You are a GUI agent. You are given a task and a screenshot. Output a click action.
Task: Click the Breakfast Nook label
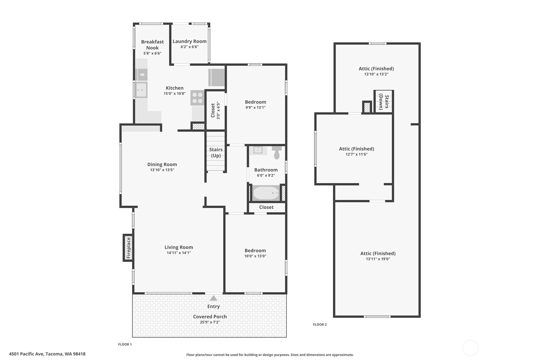(x=152, y=45)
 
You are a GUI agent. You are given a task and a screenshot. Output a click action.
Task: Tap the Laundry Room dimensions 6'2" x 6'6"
(x=189, y=47)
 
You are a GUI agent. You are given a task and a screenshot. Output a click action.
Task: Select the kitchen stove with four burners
(x=197, y=98)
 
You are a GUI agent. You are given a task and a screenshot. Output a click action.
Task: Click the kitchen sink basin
(x=141, y=90)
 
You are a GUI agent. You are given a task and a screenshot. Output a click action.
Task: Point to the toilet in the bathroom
(x=277, y=152)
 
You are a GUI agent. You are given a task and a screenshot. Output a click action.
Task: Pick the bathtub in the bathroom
(x=266, y=193)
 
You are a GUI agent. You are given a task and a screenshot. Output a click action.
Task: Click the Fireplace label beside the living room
(x=129, y=248)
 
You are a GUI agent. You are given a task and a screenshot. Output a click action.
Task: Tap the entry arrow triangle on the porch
(x=213, y=298)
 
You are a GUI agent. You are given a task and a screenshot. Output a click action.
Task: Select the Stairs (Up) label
(x=216, y=152)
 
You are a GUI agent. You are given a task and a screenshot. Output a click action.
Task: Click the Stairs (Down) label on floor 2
(x=384, y=102)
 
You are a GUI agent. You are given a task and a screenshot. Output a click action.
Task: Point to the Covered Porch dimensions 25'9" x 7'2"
(x=210, y=322)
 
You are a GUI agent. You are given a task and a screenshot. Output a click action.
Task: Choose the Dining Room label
(x=162, y=165)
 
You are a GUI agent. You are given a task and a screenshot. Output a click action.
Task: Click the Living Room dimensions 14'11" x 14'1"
(x=179, y=253)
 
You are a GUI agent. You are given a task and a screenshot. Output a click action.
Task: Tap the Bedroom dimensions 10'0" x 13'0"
(x=255, y=256)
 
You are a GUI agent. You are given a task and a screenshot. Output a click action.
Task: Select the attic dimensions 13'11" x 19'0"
(x=378, y=259)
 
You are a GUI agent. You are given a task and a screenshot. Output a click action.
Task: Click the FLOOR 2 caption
(x=320, y=325)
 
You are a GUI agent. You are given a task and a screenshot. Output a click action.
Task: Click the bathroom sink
(x=258, y=150)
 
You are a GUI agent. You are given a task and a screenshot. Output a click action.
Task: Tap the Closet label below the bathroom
(x=266, y=207)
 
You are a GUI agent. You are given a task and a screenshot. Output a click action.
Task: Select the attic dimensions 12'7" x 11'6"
(x=356, y=154)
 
